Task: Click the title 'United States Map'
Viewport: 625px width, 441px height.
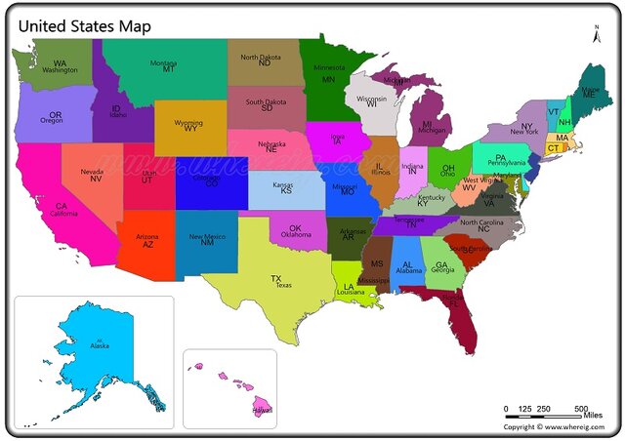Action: (x=84, y=25)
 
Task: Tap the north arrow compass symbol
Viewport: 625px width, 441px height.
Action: (x=595, y=34)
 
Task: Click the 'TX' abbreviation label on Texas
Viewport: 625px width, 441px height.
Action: (x=276, y=278)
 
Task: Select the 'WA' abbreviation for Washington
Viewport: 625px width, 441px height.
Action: (x=61, y=63)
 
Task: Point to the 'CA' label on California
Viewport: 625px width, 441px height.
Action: (x=61, y=206)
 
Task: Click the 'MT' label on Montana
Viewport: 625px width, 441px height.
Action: (x=168, y=69)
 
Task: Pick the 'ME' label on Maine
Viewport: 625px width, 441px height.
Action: (x=589, y=95)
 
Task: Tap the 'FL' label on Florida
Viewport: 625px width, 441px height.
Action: (x=452, y=302)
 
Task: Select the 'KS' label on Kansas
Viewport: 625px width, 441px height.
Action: (x=286, y=191)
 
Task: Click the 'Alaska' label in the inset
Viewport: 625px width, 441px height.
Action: (x=100, y=345)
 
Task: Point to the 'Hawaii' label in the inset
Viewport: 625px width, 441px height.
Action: (x=262, y=411)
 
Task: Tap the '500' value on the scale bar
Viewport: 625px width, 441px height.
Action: (x=581, y=408)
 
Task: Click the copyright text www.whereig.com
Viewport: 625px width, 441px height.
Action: (x=559, y=427)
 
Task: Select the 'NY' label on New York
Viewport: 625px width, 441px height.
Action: (x=526, y=126)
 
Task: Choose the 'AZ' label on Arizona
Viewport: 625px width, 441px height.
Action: (x=147, y=244)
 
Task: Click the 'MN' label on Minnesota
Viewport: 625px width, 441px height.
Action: (x=328, y=79)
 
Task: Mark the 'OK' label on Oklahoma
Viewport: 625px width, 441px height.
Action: (x=295, y=228)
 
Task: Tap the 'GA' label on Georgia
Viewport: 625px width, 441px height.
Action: (x=441, y=264)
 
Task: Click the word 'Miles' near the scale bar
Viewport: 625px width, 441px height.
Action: (x=593, y=417)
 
